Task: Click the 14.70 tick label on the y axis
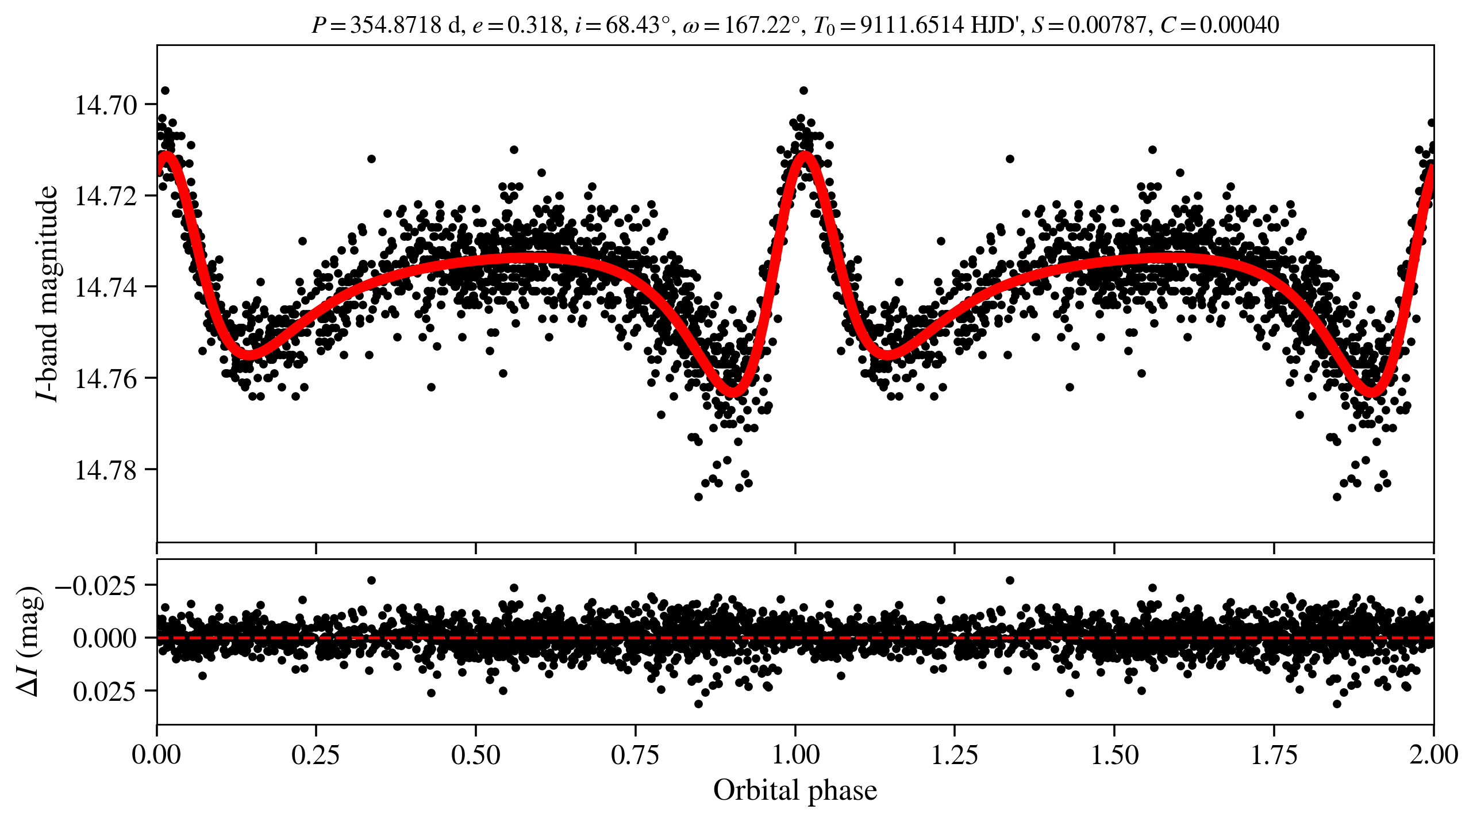coord(106,105)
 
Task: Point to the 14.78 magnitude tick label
coord(106,470)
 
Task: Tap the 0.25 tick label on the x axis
coord(316,754)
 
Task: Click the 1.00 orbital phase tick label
coord(795,754)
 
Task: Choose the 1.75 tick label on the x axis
coord(1274,754)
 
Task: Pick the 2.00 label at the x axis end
coord(1433,754)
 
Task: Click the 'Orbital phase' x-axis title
coord(795,791)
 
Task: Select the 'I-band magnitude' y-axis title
coord(48,293)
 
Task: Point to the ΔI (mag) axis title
coord(29,641)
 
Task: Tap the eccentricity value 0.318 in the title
coord(534,25)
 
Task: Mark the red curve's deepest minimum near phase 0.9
coord(734,393)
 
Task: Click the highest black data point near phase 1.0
coord(803,90)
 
